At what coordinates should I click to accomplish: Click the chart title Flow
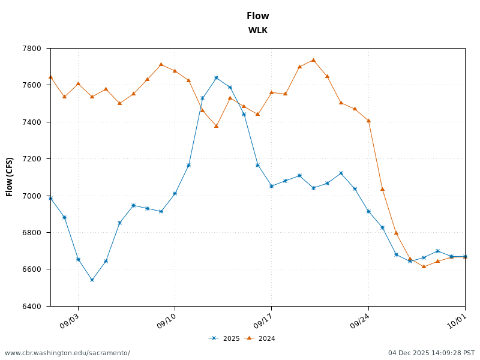click(257, 16)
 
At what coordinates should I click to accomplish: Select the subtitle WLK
click(257, 31)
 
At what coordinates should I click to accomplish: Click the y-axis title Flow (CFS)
click(10, 177)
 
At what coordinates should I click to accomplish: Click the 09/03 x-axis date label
click(70, 322)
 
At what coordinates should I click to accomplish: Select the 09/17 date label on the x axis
click(263, 322)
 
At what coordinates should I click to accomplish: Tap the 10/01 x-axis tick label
click(457, 322)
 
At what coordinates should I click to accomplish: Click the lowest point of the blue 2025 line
click(92, 280)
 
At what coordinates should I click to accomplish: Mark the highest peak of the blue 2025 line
click(216, 77)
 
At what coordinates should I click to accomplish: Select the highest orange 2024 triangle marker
click(313, 60)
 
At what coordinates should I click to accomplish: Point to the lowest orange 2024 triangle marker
click(424, 266)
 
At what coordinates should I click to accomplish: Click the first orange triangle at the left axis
click(50, 77)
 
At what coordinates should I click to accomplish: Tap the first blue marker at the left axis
click(50, 198)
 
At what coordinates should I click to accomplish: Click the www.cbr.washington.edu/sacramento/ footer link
click(67, 353)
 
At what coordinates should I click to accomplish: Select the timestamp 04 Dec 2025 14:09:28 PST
click(431, 353)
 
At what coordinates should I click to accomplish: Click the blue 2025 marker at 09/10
click(175, 193)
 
